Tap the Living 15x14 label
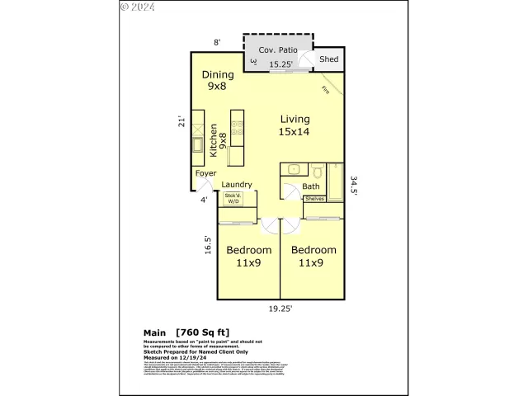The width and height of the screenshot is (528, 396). [x=295, y=125]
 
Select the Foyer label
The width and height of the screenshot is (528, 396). [x=205, y=173]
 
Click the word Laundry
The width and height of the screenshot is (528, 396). [x=237, y=185]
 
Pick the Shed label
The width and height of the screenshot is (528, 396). [x=329, y=59]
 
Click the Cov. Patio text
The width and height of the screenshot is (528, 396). [x=278, y=50]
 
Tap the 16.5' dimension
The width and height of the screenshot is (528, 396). [x=209, y=245]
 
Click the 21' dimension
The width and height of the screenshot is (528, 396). [x=182, y=121]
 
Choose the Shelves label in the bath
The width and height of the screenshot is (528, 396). [x=314, y=199]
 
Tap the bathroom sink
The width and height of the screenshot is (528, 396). [x=292, y=170]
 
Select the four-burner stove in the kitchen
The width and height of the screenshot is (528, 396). [x=237, y=129]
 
